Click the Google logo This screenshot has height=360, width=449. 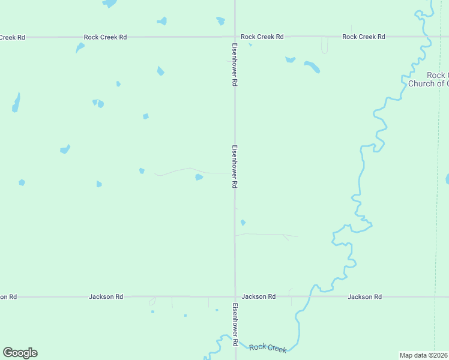tap(20, 353)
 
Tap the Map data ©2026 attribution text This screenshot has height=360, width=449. tap(424, 355)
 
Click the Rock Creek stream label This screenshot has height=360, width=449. tap(268, 347)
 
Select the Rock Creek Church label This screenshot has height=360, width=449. tap(429, 79)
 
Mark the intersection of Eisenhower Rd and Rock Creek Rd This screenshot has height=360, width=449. tap(235, 37)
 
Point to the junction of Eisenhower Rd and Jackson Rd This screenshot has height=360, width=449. tap(235, 296)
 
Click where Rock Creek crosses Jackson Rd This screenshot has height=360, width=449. tap(312, 296)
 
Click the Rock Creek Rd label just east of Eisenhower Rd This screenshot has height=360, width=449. tap(262, 37)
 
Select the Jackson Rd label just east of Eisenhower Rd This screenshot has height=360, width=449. tap(259, 296)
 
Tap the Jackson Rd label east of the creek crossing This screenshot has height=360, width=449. tap(364, 296)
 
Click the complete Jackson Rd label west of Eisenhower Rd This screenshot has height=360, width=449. tap(106, 296)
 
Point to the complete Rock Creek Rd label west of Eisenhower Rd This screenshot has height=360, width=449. tap(105, 37)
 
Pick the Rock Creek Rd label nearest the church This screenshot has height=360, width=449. tap(363, 37)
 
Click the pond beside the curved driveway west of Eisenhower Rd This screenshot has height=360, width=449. tap(199, 177)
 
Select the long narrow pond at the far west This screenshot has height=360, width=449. tap(16, 103)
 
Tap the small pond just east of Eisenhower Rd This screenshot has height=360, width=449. tap(243, 223)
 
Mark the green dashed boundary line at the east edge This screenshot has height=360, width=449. tap(435, 180)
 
